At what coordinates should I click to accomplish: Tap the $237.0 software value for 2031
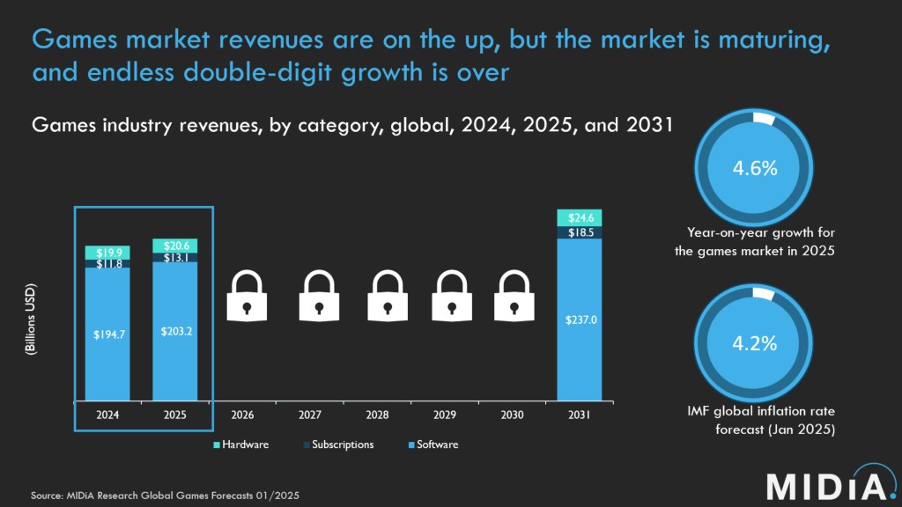click(x=579, y=320)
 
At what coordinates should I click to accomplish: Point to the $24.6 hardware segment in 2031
click(x=579, y=217)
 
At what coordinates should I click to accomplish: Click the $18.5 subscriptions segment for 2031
click(x=579, y=232)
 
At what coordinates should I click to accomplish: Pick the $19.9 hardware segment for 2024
click(x=107, y=252)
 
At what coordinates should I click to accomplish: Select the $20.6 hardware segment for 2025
click(x=174, y=246)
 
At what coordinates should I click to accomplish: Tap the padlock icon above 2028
click(x=384, y=295)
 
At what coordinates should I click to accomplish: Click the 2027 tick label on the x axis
click(x=309, y=413)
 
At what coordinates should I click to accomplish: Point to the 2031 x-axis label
click(x=579, y=413)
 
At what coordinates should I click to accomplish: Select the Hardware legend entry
click(x=242, y=445)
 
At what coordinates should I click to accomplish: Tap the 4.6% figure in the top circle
click(x=755, y=169)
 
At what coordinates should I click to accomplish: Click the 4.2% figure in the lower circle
click(x=755, y=344)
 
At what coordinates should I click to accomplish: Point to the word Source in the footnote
click(x=48, y=496)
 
